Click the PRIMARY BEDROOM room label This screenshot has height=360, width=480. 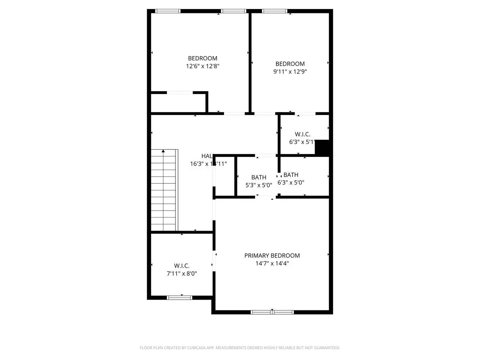point(272,256)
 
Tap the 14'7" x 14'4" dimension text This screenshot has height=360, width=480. point(272,263)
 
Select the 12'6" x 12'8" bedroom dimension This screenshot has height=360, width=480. point(202,66)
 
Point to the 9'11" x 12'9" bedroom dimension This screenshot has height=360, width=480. point(290,72)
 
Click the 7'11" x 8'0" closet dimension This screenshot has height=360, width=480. point(182,274)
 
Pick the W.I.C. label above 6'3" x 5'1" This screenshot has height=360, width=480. point(302,134)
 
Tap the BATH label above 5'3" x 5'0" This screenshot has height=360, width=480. point(259,177)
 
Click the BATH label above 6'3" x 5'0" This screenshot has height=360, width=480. point(291,175)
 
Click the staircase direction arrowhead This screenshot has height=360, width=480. point(163,151)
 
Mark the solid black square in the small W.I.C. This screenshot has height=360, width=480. point(322,147)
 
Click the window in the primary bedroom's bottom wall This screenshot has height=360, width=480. point(272,312)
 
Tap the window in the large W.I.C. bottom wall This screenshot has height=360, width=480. point(179,297)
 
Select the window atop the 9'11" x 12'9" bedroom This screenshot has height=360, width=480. point(275,11)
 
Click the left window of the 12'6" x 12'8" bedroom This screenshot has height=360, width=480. point(168,11)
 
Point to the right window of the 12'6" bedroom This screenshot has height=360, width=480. point(234,11)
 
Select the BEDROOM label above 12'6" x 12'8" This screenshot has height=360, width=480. point(202,58)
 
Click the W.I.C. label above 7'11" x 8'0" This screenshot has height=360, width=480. point(182,266)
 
